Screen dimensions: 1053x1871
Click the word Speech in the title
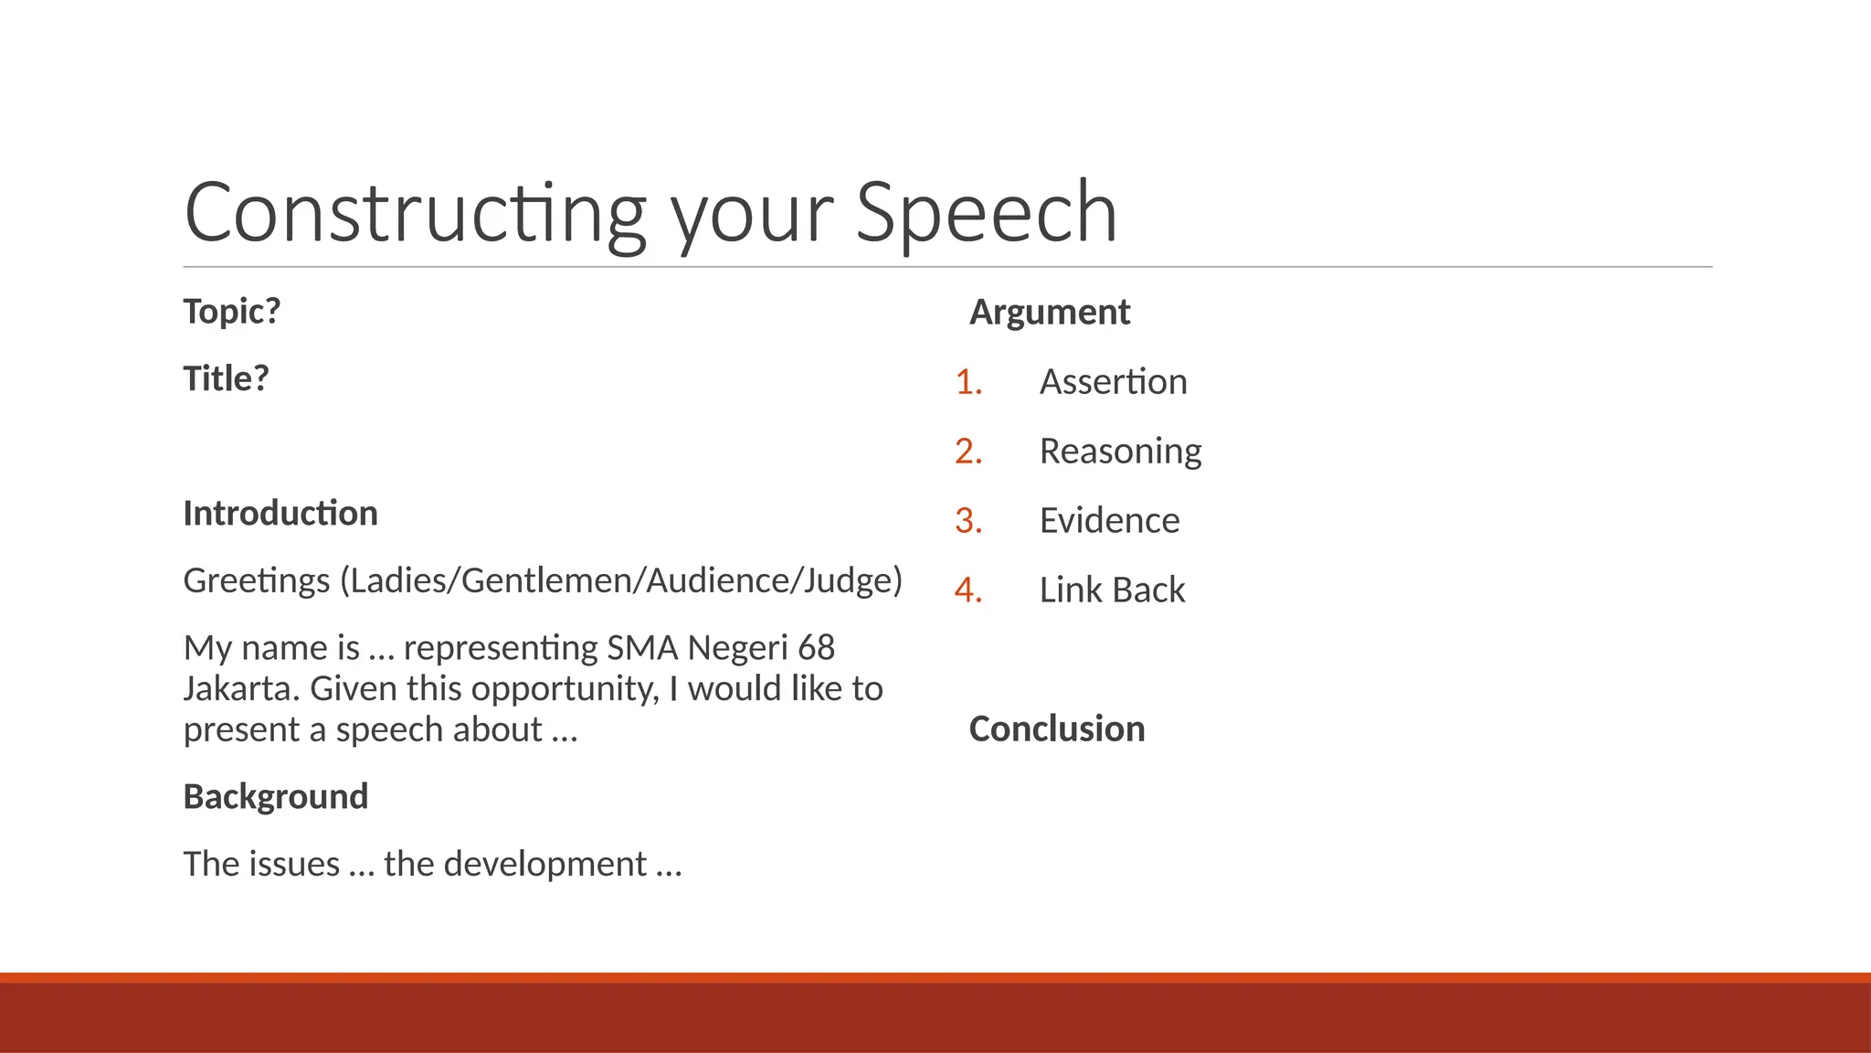[986, 212]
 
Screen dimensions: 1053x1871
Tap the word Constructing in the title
[416, 212]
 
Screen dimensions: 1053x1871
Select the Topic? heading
[232, 312]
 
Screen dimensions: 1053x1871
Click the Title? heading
[227, 378]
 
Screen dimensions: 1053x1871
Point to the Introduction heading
[280, 513]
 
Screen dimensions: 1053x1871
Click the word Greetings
[257, 580]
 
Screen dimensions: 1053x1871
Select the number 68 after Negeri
[815, 647]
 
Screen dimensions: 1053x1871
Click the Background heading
[276, 796]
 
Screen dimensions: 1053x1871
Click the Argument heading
[1050, 312]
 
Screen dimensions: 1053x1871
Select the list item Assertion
[1113, 381]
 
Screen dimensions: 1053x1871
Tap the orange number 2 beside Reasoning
[967, 451]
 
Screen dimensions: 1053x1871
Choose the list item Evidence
[1109, 520]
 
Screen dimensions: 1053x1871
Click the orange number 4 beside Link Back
[967, 590]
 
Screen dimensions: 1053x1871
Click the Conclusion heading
[1056, 729]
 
